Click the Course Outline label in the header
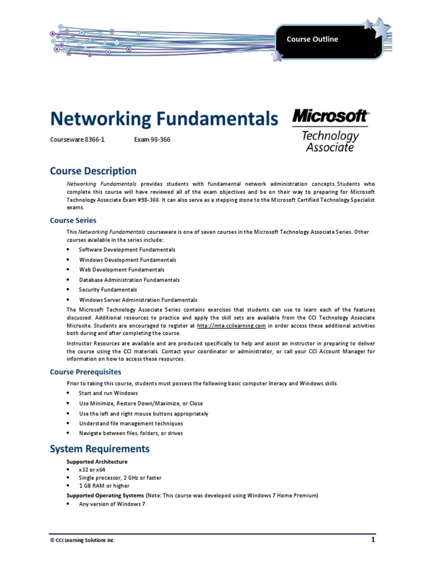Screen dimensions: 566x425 312,39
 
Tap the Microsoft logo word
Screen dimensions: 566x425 330,117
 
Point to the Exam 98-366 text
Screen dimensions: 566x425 152,140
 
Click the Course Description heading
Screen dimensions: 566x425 93,171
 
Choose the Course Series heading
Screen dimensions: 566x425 73,220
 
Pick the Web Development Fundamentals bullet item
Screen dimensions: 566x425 121,270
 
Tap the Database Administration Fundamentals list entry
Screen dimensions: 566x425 129,280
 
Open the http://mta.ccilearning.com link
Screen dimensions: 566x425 231,326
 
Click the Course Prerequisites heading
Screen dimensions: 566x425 85,372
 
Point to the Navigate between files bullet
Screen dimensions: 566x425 131,433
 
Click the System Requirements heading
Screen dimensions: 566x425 100,448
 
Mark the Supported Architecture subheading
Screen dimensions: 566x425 97,462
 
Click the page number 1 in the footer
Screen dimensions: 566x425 373,539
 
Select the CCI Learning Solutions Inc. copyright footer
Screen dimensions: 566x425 83,540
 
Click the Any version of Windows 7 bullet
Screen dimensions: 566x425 113,504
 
